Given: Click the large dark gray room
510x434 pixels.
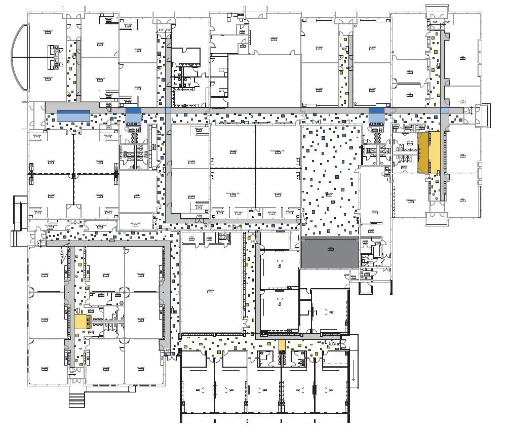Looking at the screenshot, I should [329, 253].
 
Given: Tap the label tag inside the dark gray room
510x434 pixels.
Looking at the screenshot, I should [330, 249].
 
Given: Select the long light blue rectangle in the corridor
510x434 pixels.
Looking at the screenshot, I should [73, 115].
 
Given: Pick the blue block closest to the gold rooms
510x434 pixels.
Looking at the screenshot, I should [376, 116].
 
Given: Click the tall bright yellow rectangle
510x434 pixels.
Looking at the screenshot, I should [435, 153].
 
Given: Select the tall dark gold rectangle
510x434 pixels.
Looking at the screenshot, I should [422, 153].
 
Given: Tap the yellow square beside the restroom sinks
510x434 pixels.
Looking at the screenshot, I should [81, 322].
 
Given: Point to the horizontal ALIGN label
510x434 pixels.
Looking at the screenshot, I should [333, 344].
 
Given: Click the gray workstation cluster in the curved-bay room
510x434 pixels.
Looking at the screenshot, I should [54, 57].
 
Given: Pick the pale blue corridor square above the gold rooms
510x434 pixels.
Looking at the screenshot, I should [445, 110].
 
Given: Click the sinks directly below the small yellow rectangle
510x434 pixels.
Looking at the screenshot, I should [282, 358].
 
